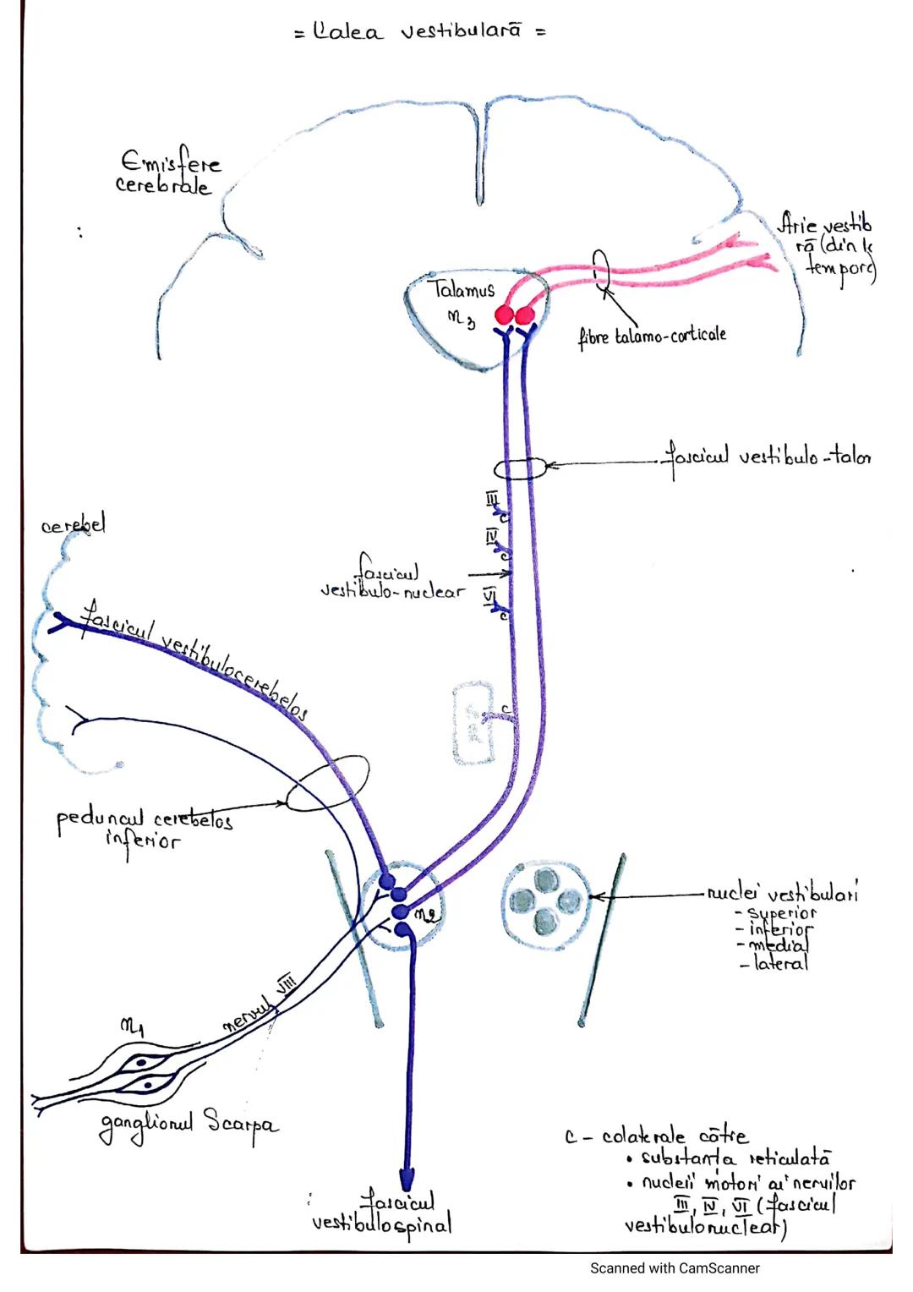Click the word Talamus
click(x=464, y=290)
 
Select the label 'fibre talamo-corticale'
click(x=652, y=336)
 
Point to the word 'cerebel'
click(x=74, y=525)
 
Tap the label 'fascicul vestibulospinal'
click(x=382, y=1214)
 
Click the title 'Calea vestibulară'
click(x=419, y=32)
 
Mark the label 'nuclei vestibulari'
click(x=782, y=893)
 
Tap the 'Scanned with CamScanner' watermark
click(x=675, y=1267)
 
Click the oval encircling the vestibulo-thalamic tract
click(x=520, y=468)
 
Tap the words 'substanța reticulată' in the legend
click(x=735, y=1158)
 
